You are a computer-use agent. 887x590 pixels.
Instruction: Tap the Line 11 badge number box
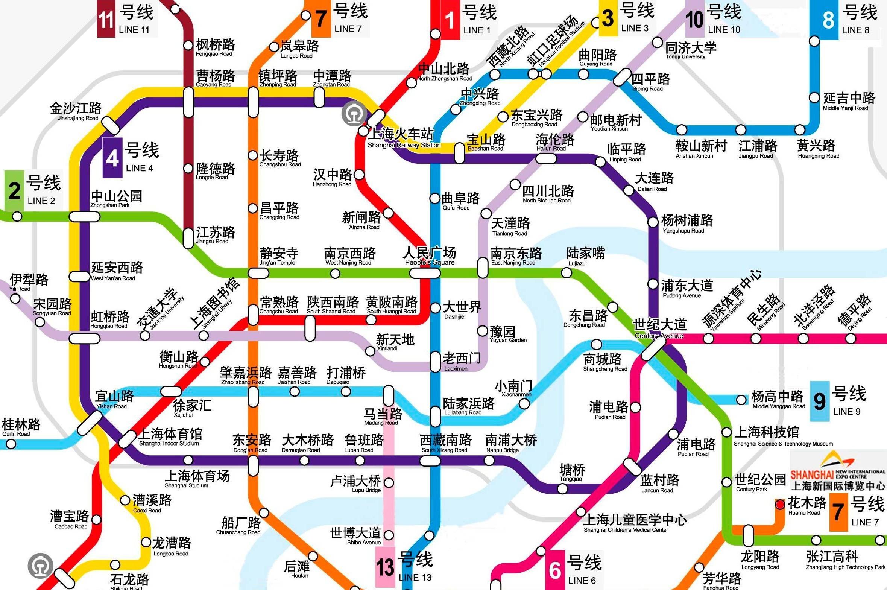(x=106, y=19)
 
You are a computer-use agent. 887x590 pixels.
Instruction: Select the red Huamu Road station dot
(x=780, y=504)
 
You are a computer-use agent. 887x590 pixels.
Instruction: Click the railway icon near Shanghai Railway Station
(x=352, y=114)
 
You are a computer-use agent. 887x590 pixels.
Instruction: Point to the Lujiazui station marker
(x=567, y=273)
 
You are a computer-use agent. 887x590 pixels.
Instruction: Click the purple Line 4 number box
(x=112, y=158)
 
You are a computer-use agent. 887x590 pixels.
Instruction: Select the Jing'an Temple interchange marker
(x=258, y=273)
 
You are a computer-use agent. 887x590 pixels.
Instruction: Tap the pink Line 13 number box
(x=385, y=567)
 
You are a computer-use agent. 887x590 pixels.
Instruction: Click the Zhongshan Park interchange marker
(x=85, y=216)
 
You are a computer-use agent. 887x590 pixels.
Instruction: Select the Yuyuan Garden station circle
(x=483, y=331)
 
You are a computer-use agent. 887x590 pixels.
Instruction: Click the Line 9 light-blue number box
(x=819, y=401)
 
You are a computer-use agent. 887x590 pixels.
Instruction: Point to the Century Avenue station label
(x=660, y=328)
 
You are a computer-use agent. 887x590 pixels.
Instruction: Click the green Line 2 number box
(x=14, y=190)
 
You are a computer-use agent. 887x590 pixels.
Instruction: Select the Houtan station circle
(x=313, y=556)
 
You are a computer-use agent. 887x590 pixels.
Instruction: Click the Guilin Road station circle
(x=11, y=444)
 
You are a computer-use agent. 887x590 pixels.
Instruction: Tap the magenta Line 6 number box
(x=555, y=570)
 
